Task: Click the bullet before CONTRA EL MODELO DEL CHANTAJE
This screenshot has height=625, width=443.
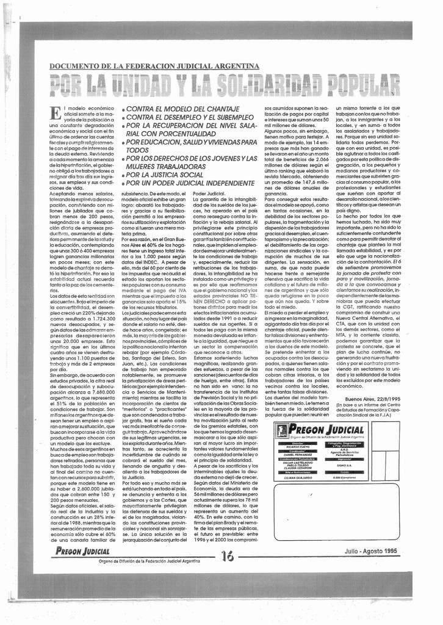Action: click(123, 109)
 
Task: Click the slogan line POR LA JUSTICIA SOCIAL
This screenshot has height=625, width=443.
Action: click(165, 175)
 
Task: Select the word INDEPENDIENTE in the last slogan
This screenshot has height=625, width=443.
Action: click(223, 183)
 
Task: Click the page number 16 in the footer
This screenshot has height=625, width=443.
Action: click(227, 555)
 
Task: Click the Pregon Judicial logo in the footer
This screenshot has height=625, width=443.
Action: click(82, 551)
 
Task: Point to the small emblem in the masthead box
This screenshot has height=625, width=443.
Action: click(282, 430)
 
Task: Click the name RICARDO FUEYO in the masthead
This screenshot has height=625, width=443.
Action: click(297, 447)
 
